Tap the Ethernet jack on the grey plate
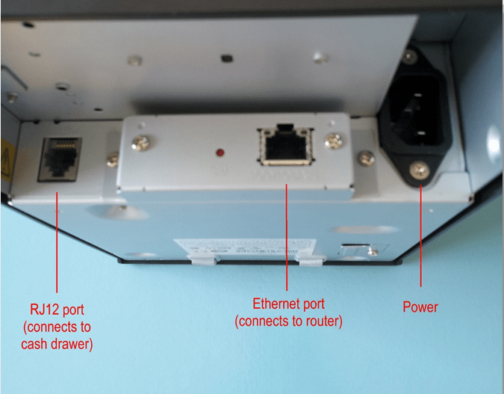point(286,146)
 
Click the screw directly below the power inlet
point(420,173)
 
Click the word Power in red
point(421,307)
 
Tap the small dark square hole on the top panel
point(224,56)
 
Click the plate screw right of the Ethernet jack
point(336,139)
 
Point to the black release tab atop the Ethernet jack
point(284,127)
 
